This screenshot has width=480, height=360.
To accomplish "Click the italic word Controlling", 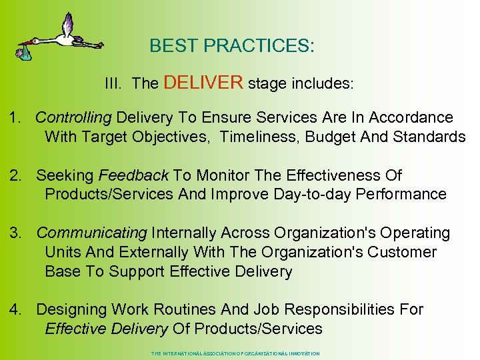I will [x=73, y=118].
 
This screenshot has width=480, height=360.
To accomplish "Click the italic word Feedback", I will [x=133, y=175].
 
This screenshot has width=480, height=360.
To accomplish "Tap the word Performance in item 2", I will [x=400, y=195].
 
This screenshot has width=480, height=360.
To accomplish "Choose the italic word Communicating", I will [x=91, y=233].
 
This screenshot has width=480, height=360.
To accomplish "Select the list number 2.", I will [x=14, y=175].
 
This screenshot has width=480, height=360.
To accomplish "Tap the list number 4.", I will [x=14, y=309].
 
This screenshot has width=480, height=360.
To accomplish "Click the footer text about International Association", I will [x=235, y=353].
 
